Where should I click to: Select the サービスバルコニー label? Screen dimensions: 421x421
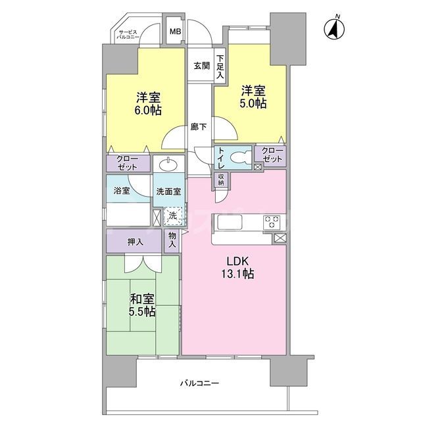128,36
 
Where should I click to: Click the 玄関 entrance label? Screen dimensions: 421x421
201,66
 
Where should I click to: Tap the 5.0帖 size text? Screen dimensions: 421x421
253,104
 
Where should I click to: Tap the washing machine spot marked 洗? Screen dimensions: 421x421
172,215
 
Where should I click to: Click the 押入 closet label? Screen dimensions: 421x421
136,242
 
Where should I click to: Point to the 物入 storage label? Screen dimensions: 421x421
172,240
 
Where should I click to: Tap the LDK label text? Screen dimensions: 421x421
238,260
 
